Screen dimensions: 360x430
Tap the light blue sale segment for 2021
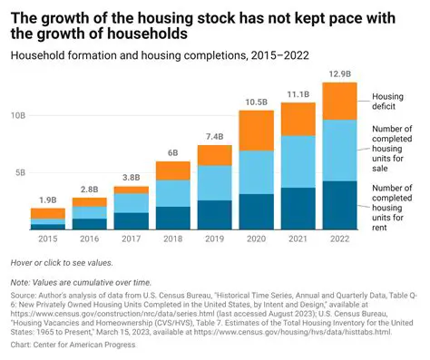pyautogui.click(x=298, y=161)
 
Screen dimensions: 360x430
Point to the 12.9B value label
pyautogui.click(x=340, y=73)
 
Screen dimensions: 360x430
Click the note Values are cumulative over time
pyautogui.click(x=81, y=283)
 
